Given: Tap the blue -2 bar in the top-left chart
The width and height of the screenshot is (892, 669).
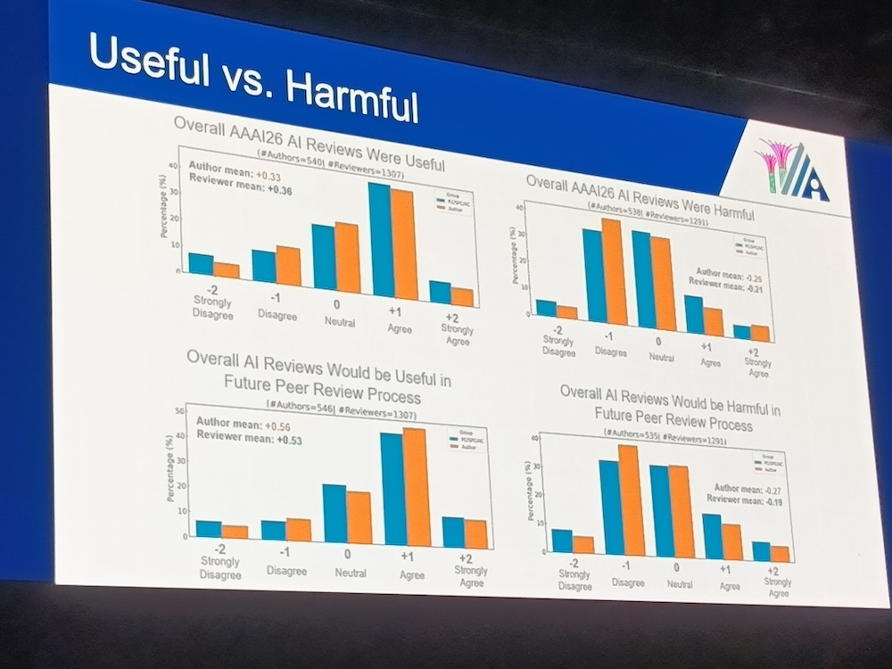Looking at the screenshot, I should coord(201,264).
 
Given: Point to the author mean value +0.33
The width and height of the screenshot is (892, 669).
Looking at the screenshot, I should coord(266,176).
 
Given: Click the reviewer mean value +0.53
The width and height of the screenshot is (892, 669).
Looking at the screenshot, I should coord(291,439).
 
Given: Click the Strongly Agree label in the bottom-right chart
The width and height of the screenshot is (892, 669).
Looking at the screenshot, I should coord(778,582).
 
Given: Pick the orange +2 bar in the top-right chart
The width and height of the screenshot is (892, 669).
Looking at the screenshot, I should coord(760,333).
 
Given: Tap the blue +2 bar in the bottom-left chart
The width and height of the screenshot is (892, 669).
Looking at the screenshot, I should coord(453,533).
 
